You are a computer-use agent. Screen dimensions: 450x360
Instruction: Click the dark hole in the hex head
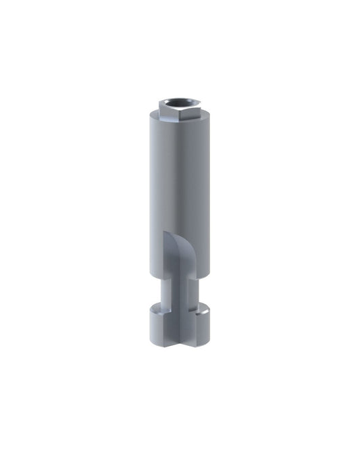[x=177, y=104]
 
